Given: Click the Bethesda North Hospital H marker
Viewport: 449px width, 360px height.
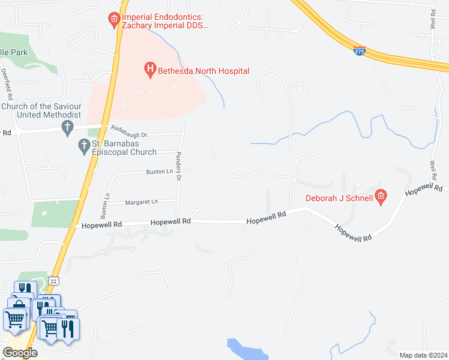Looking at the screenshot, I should point(150,70).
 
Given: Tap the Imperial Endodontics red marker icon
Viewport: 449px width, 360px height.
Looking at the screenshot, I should point(114,20).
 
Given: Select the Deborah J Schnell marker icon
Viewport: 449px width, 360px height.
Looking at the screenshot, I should point(380,197).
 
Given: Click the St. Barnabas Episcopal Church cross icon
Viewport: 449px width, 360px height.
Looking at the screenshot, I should point(85,146).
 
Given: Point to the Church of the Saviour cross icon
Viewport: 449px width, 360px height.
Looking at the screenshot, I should point(68,127).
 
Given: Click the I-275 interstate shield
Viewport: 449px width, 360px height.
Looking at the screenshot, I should point(360,52).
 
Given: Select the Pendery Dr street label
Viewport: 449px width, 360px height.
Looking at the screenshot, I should point(178,166).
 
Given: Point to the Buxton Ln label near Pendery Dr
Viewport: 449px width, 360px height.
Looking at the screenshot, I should point(155,172).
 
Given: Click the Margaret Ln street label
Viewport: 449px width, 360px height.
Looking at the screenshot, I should point(141,202).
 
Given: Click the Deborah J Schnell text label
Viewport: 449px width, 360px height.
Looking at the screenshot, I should point(339,197).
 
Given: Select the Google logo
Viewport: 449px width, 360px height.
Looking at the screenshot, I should point(20,352).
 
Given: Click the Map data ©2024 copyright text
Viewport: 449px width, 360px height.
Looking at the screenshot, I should point(423,355).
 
